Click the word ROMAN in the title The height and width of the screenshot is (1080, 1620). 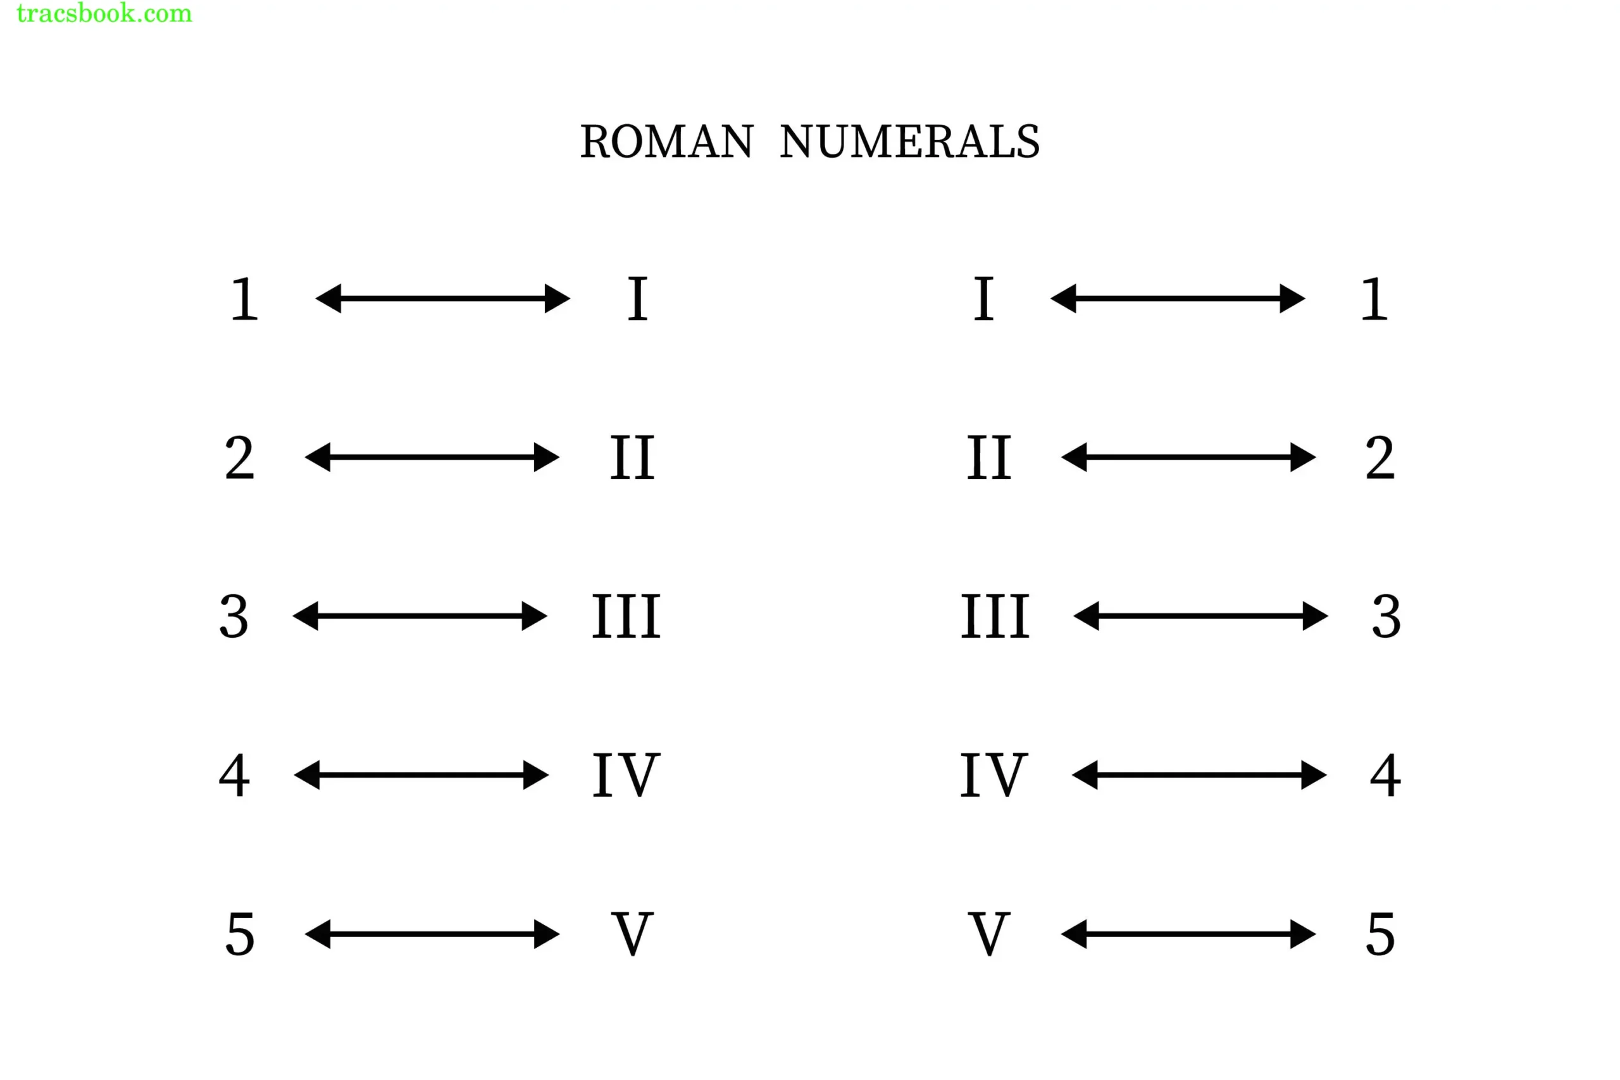click(666, 142)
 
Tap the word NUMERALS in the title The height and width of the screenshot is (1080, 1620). click(909, 142)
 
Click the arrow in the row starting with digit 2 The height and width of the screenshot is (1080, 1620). click(432, 457)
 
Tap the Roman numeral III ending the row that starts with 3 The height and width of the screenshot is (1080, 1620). click(626, 616)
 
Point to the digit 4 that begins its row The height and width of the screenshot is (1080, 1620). click(234, 776)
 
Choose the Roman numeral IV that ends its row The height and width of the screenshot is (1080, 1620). click(626, 776)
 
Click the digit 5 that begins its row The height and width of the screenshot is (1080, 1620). click(240, 934)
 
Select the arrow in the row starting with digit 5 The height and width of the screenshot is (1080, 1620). click(432, 934)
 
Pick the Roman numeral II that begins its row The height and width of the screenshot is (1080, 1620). click(989, 457)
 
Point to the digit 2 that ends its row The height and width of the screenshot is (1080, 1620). click(1380, 457)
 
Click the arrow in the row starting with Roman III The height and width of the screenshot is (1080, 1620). click(1200, 616)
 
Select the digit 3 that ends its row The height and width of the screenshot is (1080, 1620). click(1386, 616)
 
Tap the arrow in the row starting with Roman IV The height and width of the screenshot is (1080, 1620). click(1199, 776)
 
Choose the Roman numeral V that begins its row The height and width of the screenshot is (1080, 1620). click(989, 934)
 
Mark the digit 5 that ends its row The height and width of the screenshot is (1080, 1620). click(1380, 934)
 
